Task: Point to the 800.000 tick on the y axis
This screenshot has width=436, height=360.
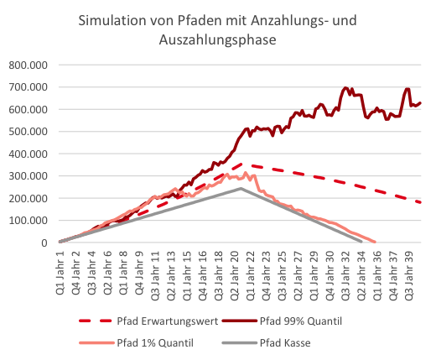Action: coord(29,65)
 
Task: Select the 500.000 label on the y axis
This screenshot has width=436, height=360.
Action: coord(29,131)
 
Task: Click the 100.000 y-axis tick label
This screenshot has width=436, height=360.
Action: coord(29,221)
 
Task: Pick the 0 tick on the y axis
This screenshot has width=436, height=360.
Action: coord(45,243)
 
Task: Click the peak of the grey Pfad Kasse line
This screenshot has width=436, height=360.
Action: coord(241,188)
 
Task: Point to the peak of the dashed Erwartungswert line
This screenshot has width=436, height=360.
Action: coord(243,164)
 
